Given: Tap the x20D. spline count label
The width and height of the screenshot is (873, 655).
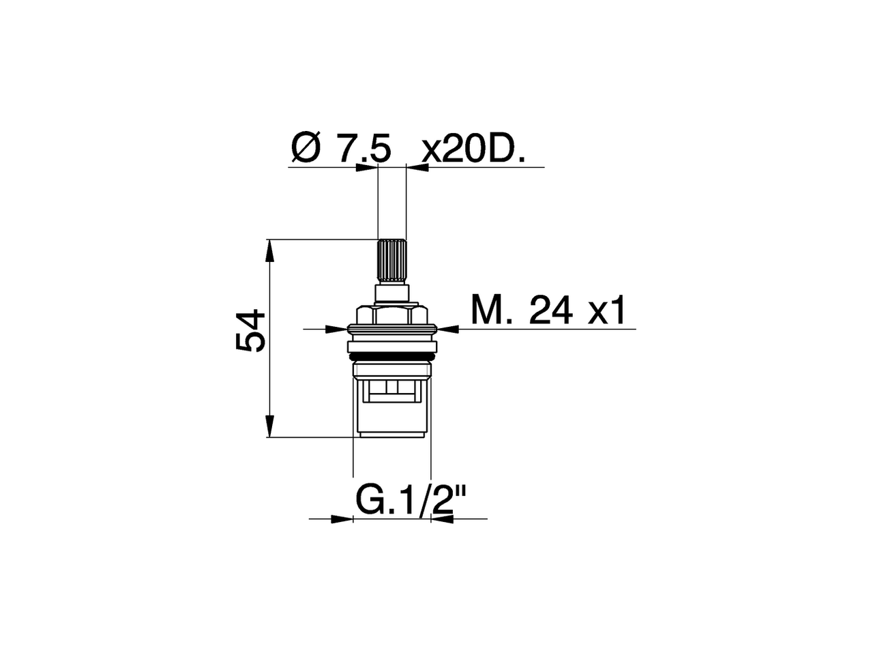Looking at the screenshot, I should point(473,149).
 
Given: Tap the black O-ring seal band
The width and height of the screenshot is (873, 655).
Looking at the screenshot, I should point(392,357).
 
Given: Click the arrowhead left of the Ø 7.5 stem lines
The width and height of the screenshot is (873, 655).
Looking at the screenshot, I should point(368,166).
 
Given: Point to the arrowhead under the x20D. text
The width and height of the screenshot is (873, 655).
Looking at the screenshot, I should point(417,166).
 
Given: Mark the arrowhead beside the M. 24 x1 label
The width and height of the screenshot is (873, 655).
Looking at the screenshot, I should point(451,329).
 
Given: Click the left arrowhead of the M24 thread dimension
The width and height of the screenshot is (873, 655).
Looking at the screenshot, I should point(334,329).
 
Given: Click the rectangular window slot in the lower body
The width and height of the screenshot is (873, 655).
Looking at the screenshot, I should point(392,388).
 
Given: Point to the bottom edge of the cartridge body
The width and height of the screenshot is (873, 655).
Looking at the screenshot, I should point(392,437).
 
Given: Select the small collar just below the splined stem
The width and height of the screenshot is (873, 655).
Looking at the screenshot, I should point(392,294).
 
